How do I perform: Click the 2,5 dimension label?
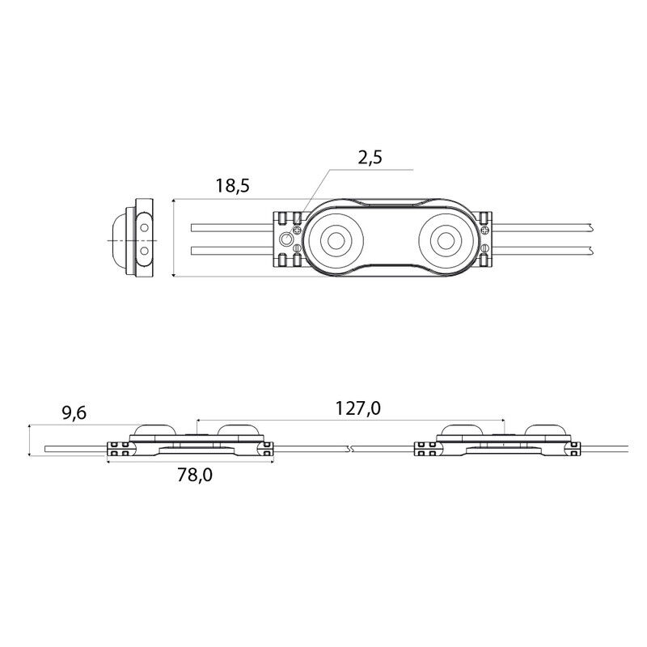pos(370,158)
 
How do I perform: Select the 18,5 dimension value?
pos(233,186)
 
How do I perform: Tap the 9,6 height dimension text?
pos(74,412)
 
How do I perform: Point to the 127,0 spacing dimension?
pos(357,408)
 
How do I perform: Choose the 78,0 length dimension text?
pos(195,476)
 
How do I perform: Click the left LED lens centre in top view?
pos(336,239)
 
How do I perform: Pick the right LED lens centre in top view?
pos(446,239)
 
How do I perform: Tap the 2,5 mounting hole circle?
pos(286,239)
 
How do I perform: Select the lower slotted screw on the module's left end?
pos(297,249)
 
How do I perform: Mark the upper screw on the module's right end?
pos(485,228)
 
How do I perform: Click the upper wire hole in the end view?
pos(145,227)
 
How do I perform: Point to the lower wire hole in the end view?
pos(145,250)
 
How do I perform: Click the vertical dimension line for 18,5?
pos(174,238)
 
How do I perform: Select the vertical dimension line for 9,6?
pos(30,440)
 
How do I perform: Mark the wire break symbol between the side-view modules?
pos(350,449)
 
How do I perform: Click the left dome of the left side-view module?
pos(154,430)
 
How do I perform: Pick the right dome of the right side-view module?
pos(548,430)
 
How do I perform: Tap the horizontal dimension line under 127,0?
pos(351,421)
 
